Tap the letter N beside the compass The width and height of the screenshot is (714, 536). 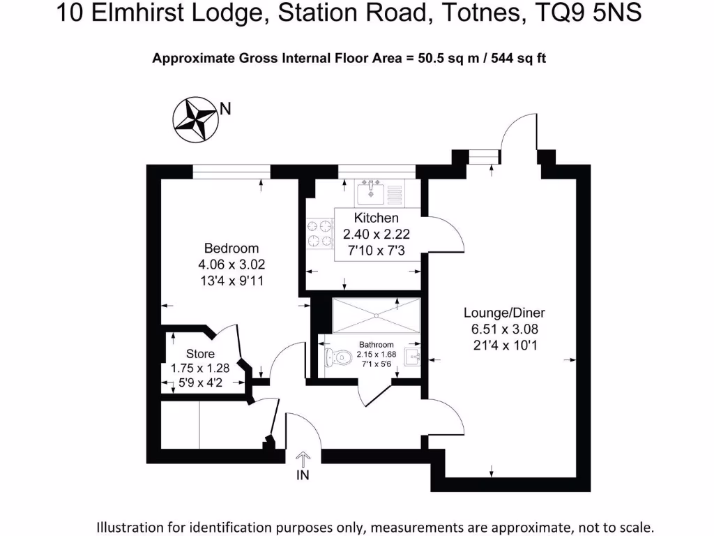click(225, 108)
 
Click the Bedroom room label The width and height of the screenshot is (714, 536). click(231, 248)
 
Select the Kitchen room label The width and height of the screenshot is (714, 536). click(376, 218)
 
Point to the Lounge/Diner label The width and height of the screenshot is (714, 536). click(504, 313)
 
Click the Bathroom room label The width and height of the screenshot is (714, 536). click(376, 345)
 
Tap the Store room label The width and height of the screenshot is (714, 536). click(200, 354)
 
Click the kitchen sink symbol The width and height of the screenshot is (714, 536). click(370, 192)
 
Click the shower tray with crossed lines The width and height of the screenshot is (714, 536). click(375, 316)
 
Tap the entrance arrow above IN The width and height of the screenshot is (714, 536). click(303, 459)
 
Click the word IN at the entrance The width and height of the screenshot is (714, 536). click(303, 476)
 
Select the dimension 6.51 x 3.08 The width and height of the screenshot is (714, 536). click(504, 329)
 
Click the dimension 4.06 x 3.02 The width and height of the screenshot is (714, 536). click(231, 265)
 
